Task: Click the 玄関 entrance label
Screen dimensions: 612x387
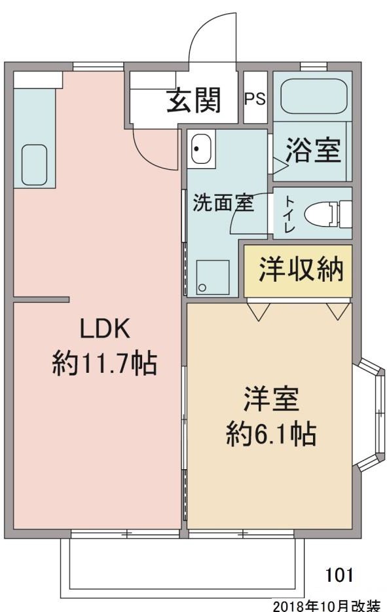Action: point(193,100)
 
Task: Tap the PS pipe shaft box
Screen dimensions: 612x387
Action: point(255,99)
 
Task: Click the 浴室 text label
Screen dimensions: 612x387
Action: point(312,151)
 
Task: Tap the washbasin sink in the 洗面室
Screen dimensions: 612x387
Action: point(200,149)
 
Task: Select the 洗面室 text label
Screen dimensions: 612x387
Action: point(222,203)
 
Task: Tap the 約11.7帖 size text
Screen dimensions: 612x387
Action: point(105,362)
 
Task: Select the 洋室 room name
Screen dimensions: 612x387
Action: point(271,400)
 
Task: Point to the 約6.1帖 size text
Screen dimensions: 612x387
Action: point(271,433)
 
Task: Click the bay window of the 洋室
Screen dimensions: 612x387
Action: point(373,413)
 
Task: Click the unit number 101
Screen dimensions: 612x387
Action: point(339,575)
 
